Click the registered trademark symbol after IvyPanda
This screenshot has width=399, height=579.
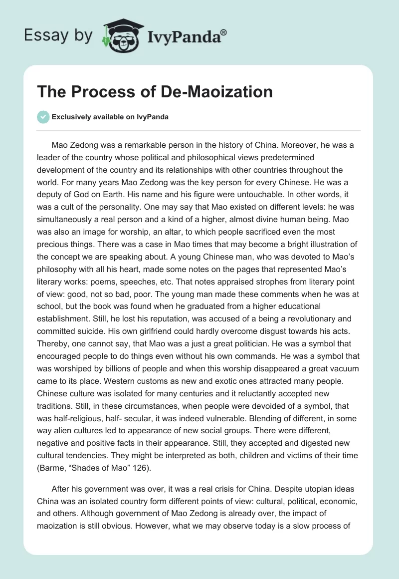pos(224,31)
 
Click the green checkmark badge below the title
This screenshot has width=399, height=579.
pos(43,117)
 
